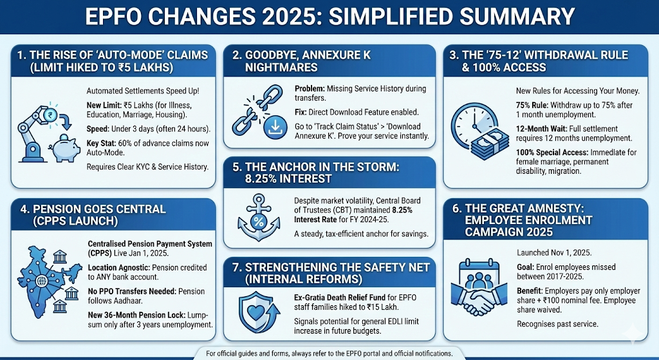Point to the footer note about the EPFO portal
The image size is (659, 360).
[x=329, y=354]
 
